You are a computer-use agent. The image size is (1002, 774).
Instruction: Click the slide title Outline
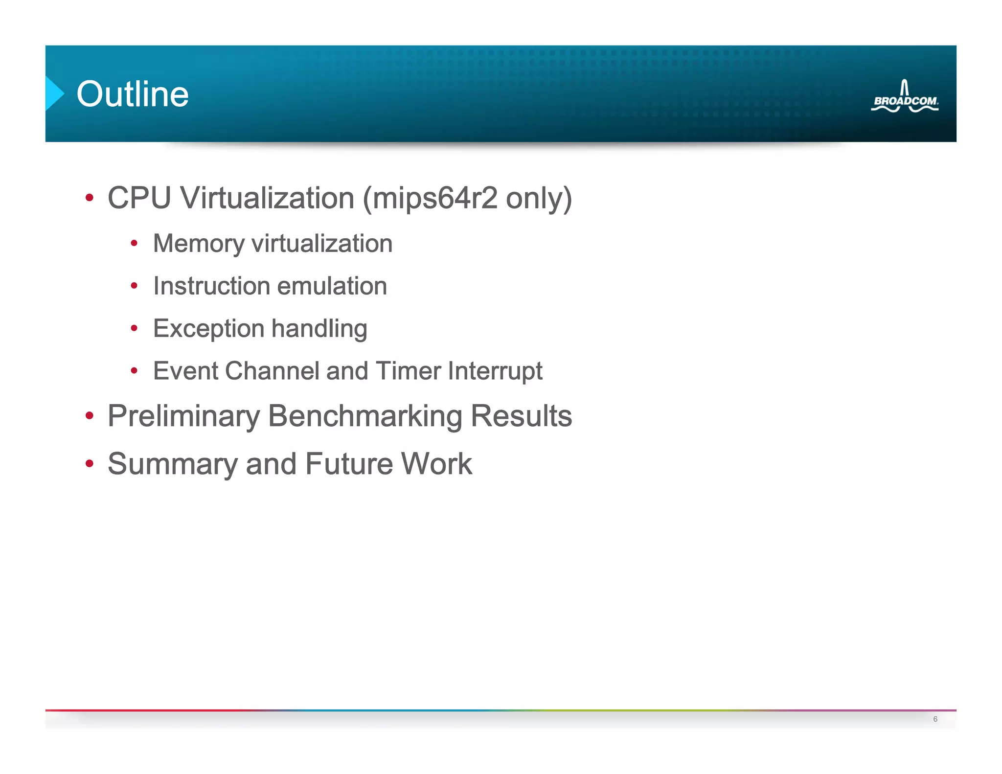[133, 94]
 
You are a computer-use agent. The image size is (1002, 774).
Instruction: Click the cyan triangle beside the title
[54, 93]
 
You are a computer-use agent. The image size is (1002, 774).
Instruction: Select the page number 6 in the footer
[935, 719]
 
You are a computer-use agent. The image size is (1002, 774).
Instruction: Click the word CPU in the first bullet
[139, 198]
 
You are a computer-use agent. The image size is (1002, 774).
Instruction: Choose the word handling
[319, 329]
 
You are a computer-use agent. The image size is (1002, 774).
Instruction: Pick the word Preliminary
[183, 416]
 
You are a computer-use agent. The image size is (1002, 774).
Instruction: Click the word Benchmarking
[365, 416]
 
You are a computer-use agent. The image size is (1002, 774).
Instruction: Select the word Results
[521, 416]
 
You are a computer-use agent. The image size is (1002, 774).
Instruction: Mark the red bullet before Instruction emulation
[134, 286]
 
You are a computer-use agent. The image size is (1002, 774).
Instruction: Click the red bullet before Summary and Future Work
[89, 463]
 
